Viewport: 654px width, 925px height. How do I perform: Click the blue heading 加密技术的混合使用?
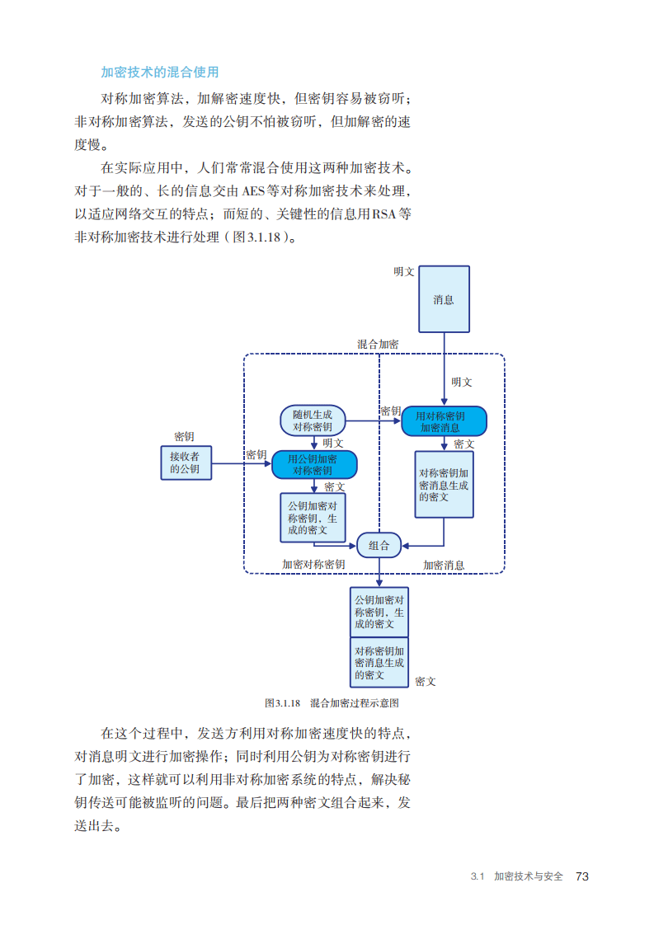[x=159, y=73]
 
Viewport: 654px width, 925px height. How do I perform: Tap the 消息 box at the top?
[x=444, y=298]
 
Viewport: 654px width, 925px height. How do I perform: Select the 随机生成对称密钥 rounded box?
[x=313, y=420]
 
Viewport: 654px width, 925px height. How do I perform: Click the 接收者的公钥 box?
[x=185, y=462]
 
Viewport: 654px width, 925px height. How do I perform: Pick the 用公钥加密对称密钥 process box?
[x=314, y=465]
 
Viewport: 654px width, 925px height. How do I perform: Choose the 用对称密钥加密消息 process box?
[x=444, y=421]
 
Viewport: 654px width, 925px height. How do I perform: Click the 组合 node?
[x=379, y=545]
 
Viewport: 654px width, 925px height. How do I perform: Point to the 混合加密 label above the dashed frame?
[x=378, y=344]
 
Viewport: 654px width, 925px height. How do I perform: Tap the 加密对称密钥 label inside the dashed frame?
[x=313, y=565]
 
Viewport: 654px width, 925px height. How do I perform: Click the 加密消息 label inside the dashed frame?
[x=444, y=565]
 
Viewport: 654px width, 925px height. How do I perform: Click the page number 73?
[x=582, y=876]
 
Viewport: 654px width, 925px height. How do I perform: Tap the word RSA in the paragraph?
[x=383, y=214]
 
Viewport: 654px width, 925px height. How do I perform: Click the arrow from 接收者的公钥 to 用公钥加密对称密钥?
[x=241, y=464]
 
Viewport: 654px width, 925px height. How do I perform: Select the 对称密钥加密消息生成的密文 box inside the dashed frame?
[x=444, y=485]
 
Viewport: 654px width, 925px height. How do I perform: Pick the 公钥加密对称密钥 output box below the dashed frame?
[x=379, y=612]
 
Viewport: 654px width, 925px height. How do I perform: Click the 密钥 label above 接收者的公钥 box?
[x=184, y=437]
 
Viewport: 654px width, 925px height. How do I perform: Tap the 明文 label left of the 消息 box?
[x=404, y=271]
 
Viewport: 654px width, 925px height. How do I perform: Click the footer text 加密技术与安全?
[x=528, y=876]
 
